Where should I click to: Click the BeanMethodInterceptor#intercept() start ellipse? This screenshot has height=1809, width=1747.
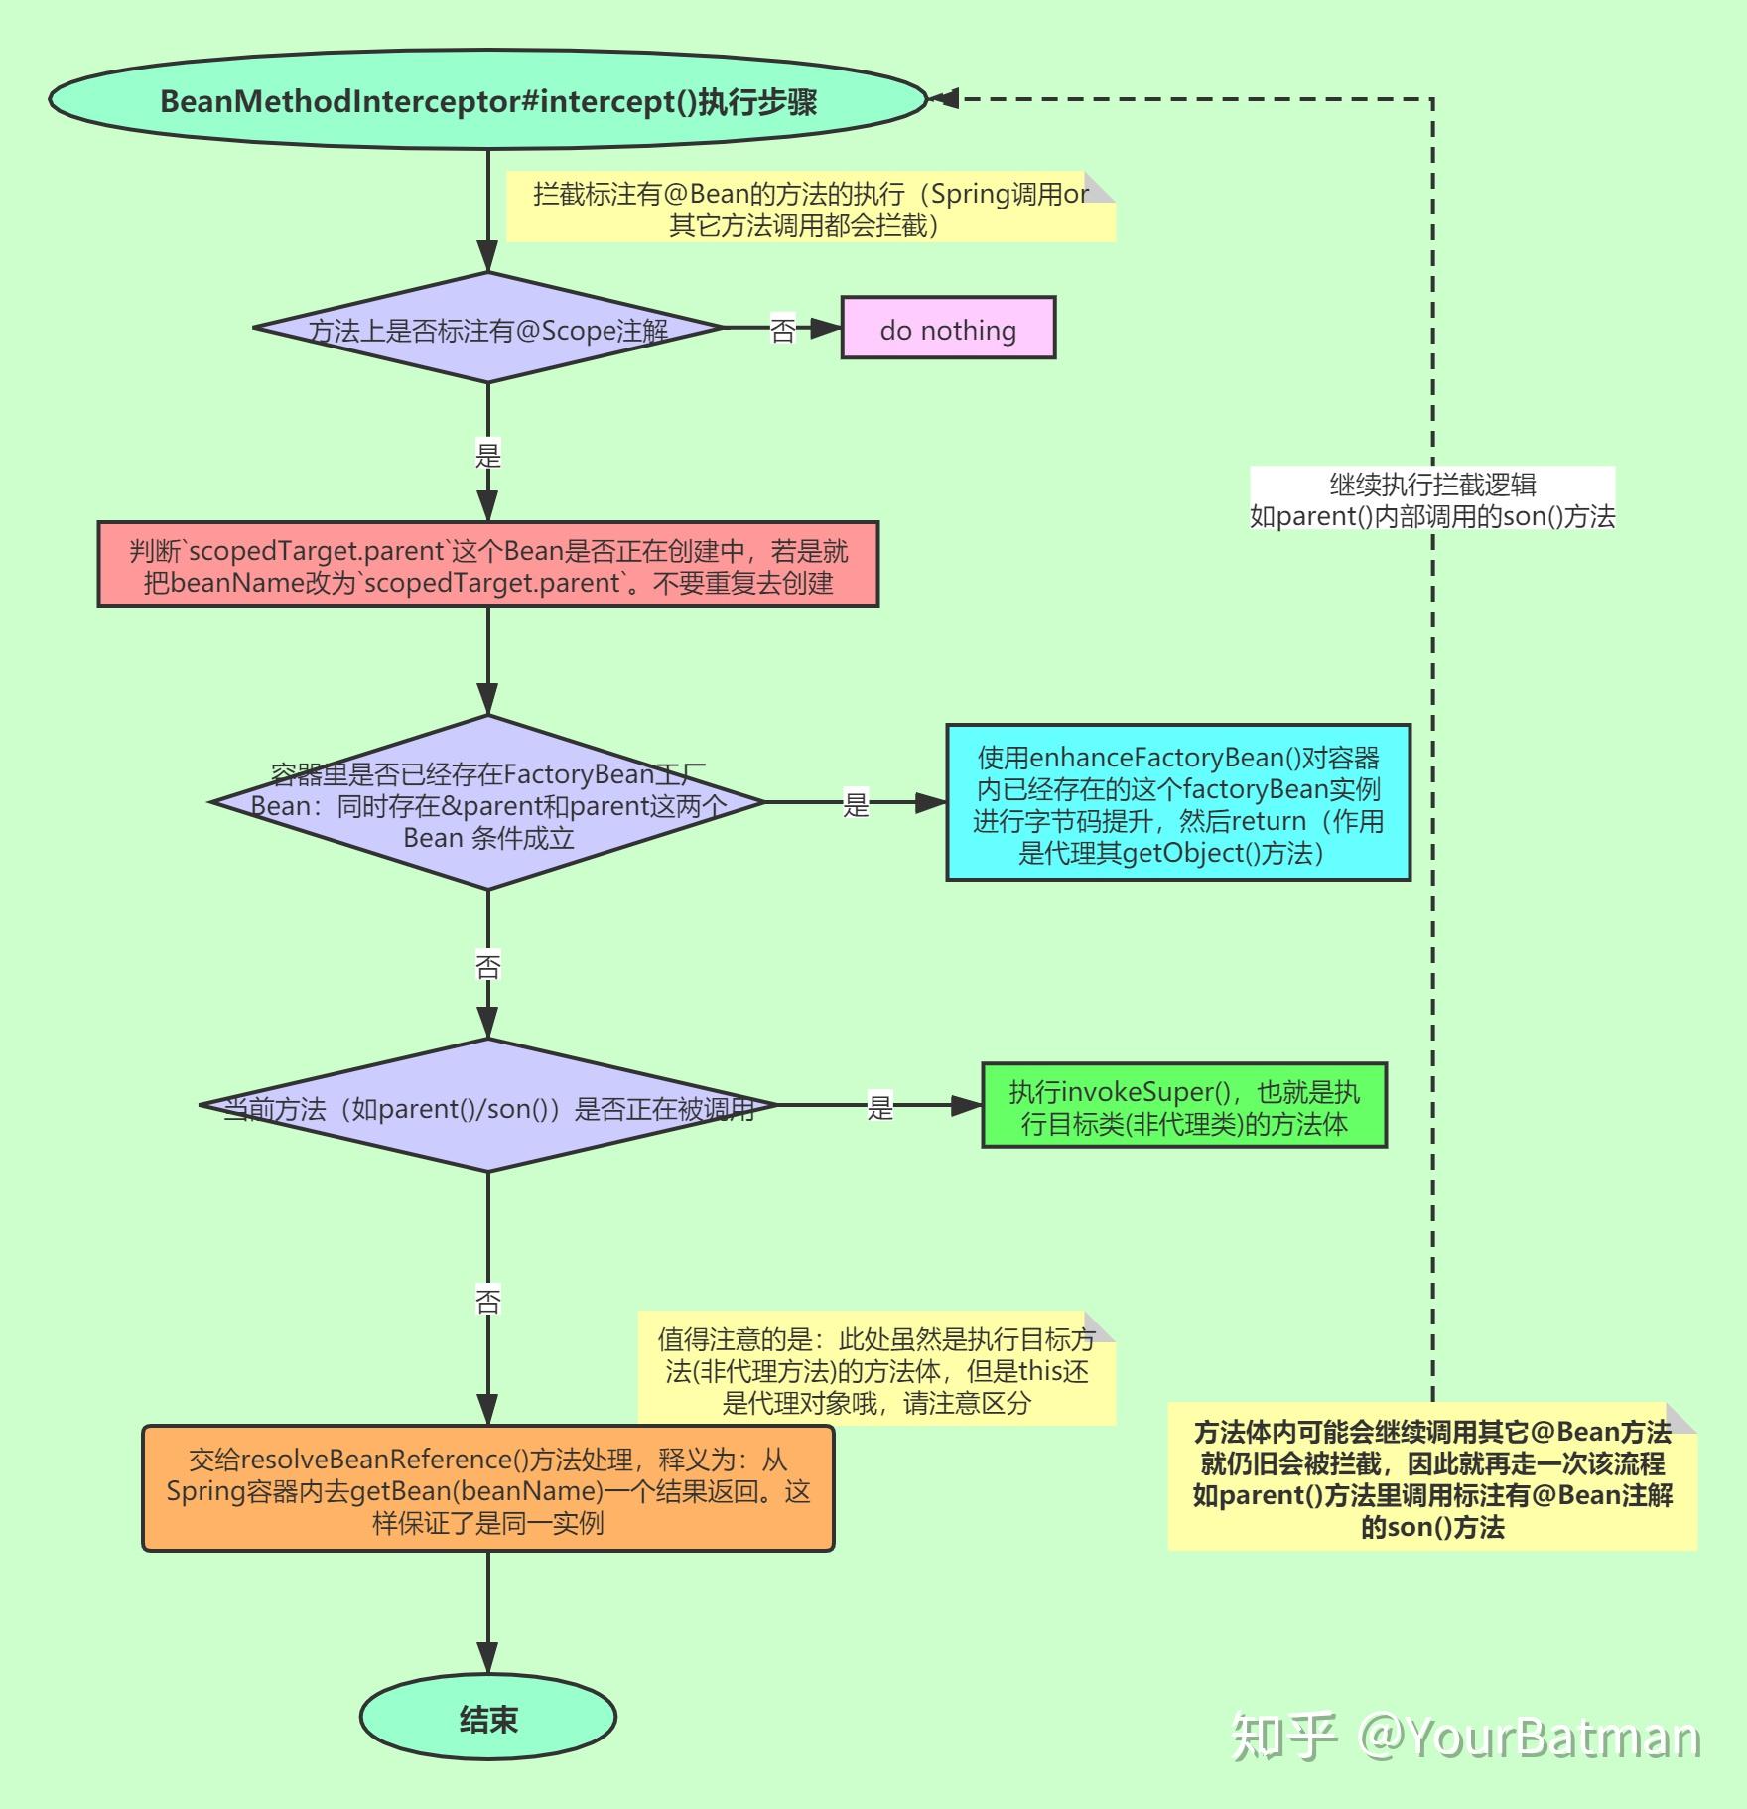(487, 100)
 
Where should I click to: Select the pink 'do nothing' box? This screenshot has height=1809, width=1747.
(948, 328)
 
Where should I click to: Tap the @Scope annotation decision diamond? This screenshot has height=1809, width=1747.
(487, 329)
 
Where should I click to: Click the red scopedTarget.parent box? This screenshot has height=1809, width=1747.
(487, 565)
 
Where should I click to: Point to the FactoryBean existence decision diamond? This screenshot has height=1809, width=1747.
(487, 803)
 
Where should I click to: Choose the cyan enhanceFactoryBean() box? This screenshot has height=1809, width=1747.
(1178, 803)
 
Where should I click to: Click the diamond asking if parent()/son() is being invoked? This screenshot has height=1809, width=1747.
(487, 1106)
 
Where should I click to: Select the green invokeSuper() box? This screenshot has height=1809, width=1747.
(1183, 1106)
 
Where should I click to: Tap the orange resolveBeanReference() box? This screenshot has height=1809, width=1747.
(487, 1489)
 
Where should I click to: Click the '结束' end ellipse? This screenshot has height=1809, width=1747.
(487, 1719)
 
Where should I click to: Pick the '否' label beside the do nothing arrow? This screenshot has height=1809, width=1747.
(782, 329)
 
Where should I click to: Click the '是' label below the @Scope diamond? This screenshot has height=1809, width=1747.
(487, 455)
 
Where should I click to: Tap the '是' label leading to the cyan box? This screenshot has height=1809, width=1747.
(855, 803)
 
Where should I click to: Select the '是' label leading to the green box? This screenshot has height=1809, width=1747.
(879, 1106)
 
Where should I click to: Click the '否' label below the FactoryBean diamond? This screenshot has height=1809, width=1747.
(487, 965)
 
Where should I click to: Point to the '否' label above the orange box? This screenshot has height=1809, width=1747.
(487, 1300)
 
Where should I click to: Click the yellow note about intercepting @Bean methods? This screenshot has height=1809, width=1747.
(810, 209)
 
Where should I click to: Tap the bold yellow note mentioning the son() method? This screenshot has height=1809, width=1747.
(1431, 1478)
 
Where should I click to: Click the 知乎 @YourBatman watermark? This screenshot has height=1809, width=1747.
(1466, 1738)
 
